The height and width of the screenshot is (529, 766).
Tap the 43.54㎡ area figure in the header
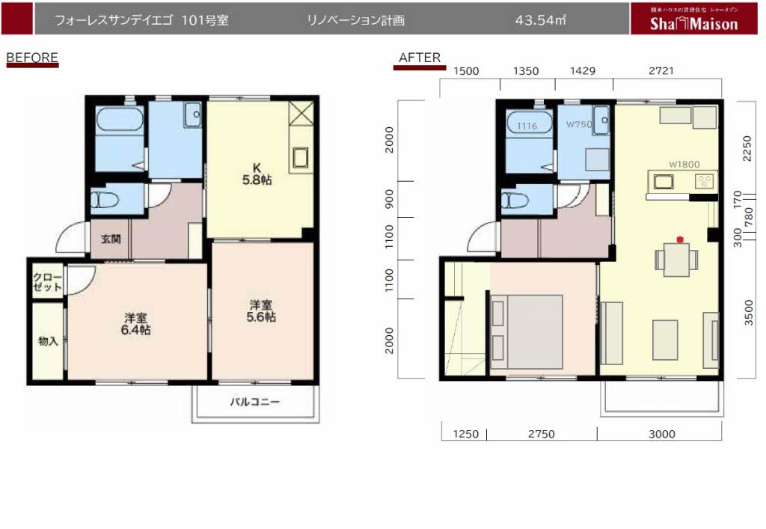pos(539,21)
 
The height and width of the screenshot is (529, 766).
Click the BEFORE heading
pos(31,57)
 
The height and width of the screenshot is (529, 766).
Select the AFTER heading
pos(419,58)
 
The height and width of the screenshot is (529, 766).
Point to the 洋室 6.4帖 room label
pos(137,323)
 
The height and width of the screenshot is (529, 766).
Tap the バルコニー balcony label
pos(254,402)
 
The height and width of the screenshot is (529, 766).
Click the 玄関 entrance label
pos(110,240)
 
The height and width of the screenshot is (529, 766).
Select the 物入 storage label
pos(48,341)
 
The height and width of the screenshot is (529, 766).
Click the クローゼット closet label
pos(47,282)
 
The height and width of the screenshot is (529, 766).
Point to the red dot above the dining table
pos(679,239)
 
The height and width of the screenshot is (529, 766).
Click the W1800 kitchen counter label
pos(683,163)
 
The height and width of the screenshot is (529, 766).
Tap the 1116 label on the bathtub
pos(527,126)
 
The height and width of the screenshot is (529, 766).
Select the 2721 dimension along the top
pos(661,71)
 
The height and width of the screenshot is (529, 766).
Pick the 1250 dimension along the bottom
pos(464,434)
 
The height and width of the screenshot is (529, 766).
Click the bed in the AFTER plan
pos(526,332)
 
